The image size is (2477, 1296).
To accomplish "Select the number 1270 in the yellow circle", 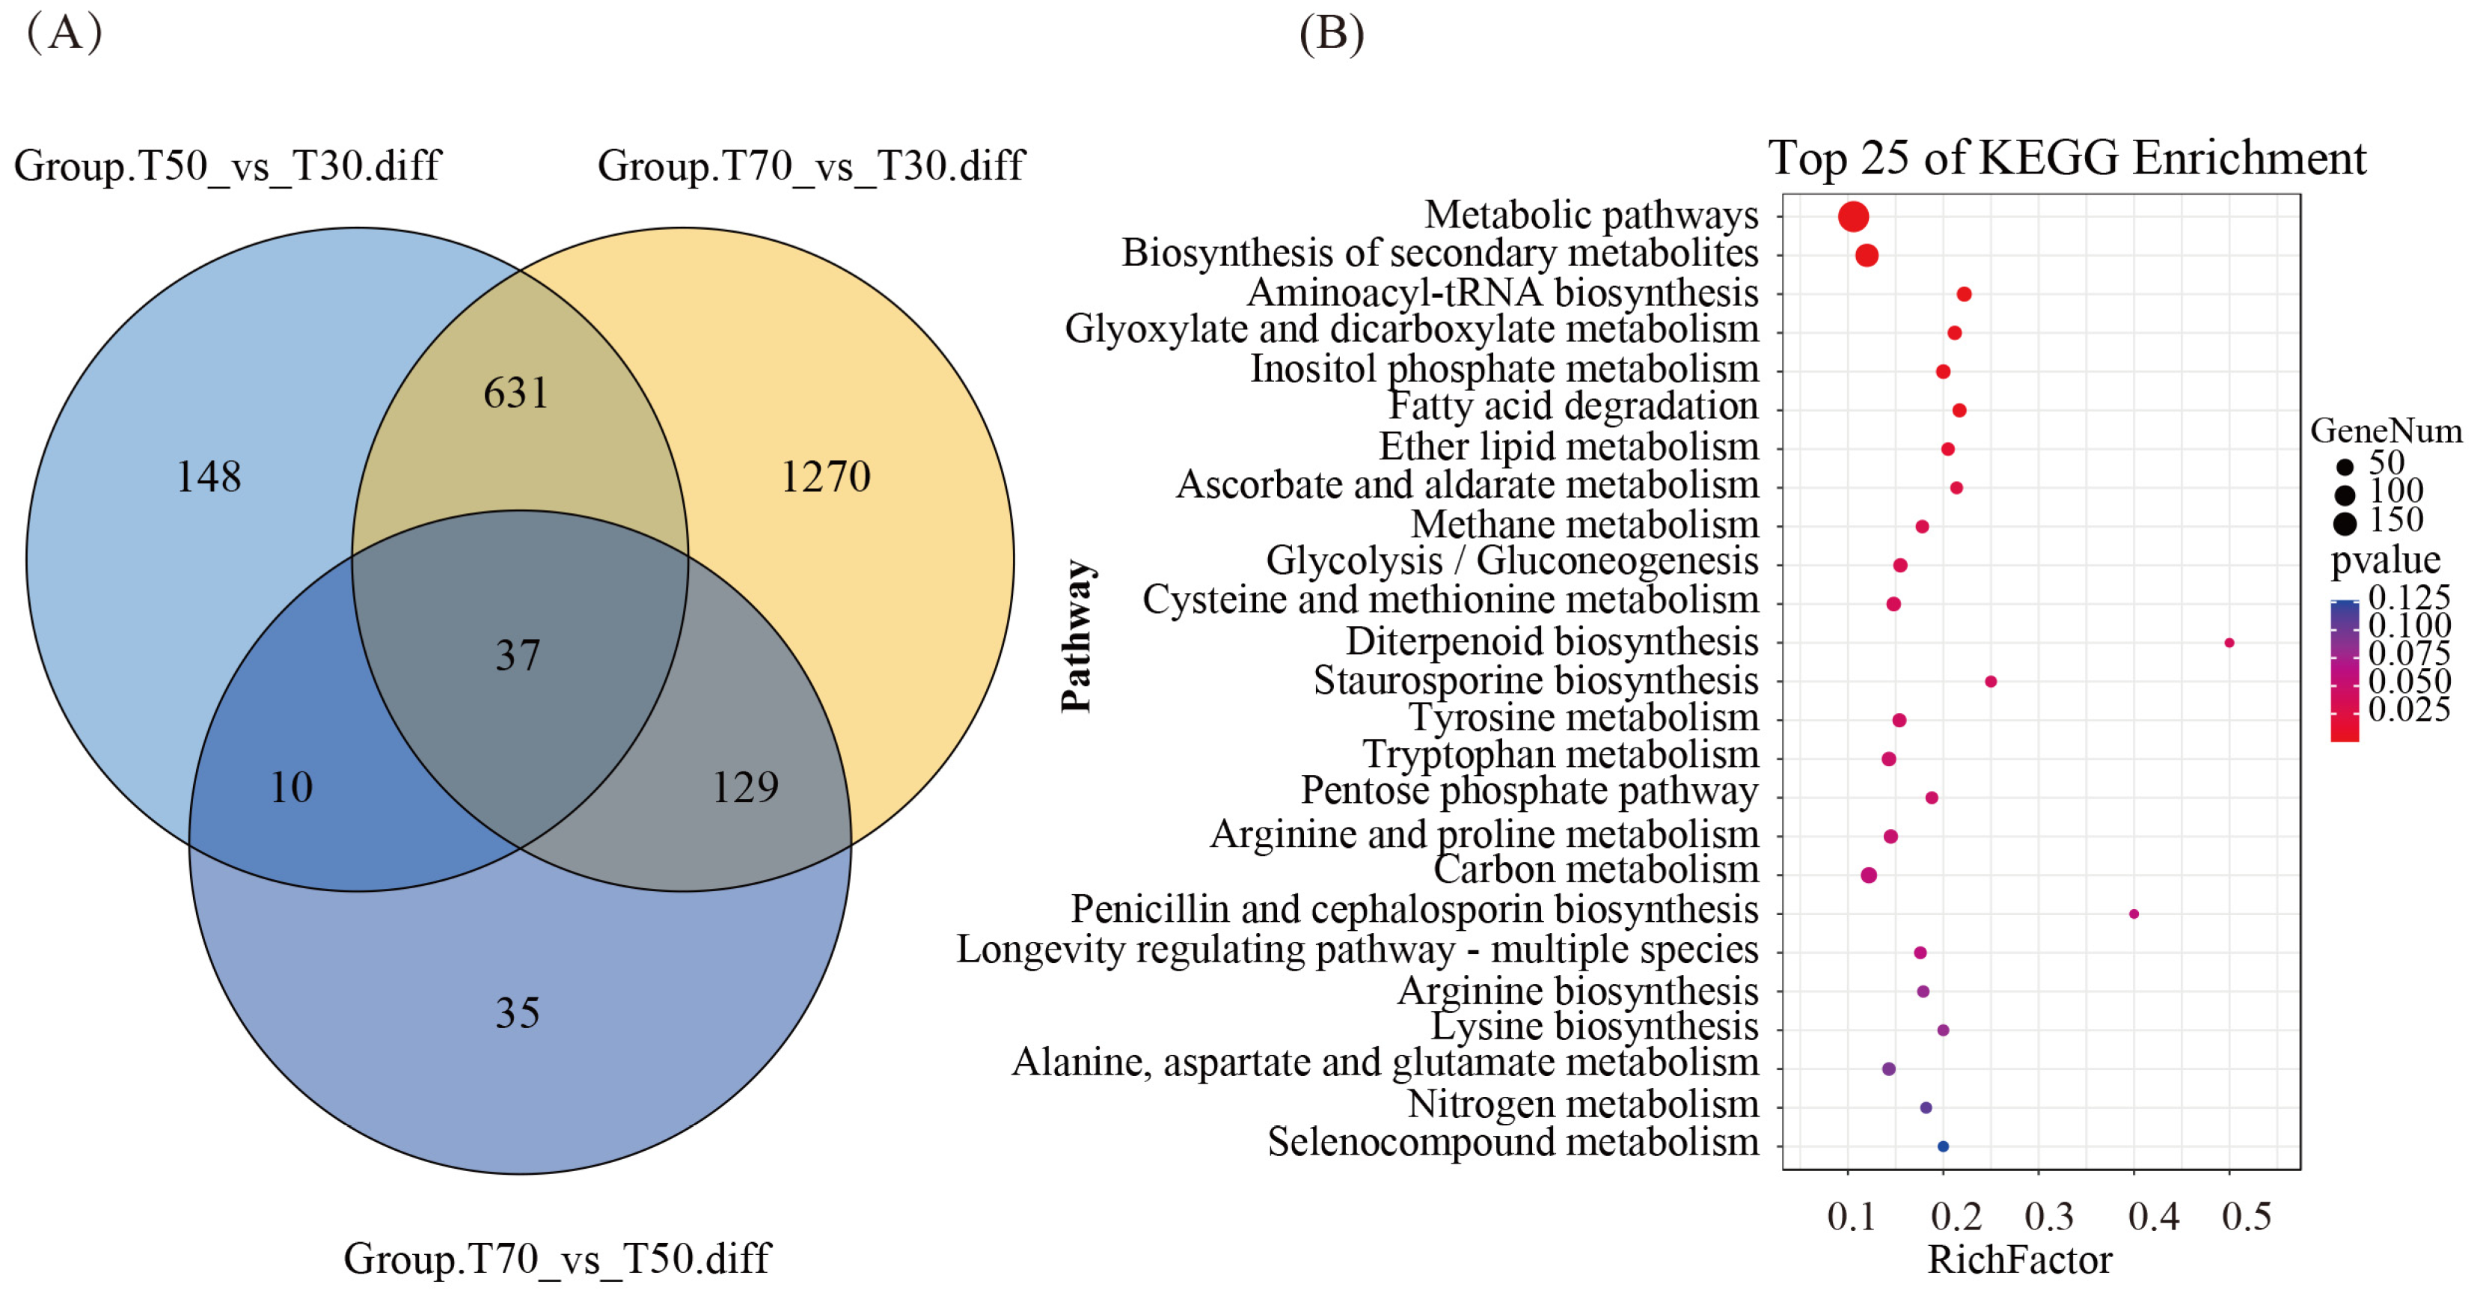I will click(x=825, y=477).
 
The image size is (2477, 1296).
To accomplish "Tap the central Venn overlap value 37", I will click(x=518, y=655).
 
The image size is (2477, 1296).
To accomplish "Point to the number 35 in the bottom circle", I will click(x=518, y=1012).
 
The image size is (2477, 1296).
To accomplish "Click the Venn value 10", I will click(x=291, y=787).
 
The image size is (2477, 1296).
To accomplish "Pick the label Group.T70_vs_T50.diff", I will click(x=557, y=1259).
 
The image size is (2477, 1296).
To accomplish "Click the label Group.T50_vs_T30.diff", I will click(x=227, y=165).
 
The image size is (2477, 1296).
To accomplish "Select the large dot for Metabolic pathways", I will click(x=1853, y=216).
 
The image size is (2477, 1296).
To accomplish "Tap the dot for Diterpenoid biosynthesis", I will click(x=2229, y=642).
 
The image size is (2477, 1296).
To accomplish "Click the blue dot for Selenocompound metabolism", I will click(x=1942, y=1146).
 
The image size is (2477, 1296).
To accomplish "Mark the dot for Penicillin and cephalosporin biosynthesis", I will click(x=2134, y=914).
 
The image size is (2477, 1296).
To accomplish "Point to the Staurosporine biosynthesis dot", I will click(x=1991, y=682).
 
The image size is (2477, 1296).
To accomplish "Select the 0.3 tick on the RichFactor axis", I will click(x=2048, y=1216).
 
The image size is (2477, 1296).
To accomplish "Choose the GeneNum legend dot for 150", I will click(x=2345, y=524).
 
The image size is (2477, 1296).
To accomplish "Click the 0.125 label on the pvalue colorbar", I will click(x=2409, y=597).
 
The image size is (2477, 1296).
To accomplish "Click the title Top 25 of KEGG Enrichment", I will click(x=2066, y=158).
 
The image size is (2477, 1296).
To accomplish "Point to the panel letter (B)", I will click(x=1331, y=34).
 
